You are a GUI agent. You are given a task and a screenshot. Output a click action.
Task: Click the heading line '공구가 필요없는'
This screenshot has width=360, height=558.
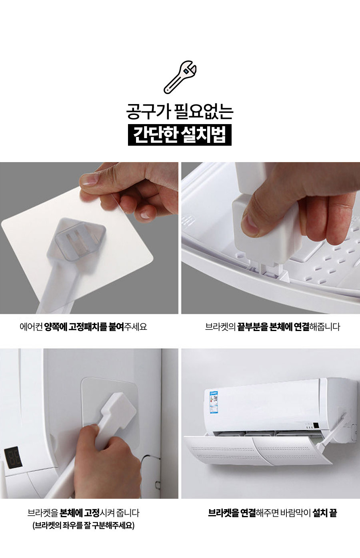click(x=180, y=112)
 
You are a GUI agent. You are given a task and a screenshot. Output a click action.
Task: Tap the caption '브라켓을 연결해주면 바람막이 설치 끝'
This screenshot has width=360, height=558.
click(x=272, y=513)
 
